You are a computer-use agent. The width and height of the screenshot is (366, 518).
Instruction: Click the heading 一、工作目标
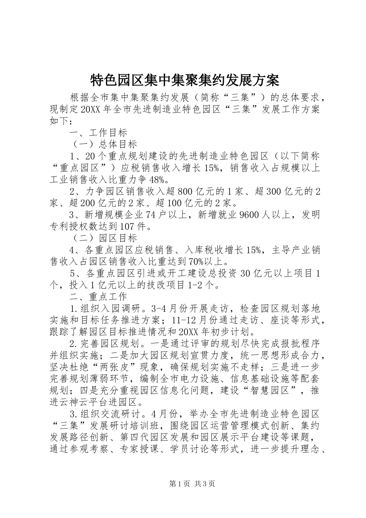click(98, 133)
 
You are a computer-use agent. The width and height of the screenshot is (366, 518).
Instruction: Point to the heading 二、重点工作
click(98, 296)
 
